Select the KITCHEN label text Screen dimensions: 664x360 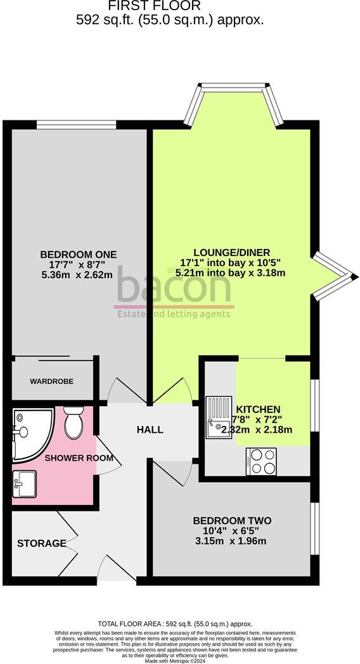pyautogui.click(x=259, y=409)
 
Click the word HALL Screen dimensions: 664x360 pyautogui.click(x=150, y=430)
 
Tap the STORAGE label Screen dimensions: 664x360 pyautogui.click(x=42, y=543)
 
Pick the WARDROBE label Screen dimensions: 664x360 pyautogui.click(x=51, y=381)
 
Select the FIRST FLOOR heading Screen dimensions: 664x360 pyautogui.click(x=155, y=6)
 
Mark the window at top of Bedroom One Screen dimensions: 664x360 pyautogui.click(x=75, y=124)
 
